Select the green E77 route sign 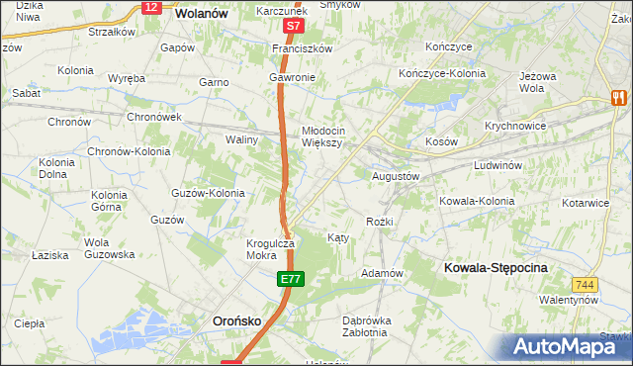(289, 282)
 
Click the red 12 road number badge (150, 7)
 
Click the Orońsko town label (238, 320)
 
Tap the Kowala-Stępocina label (496, 268)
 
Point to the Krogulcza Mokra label (268, 248)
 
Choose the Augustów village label (396, 175)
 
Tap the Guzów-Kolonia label (208, 193)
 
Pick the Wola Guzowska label (109, 248)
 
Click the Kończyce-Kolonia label (438, 73)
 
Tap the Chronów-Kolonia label (129, 151)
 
